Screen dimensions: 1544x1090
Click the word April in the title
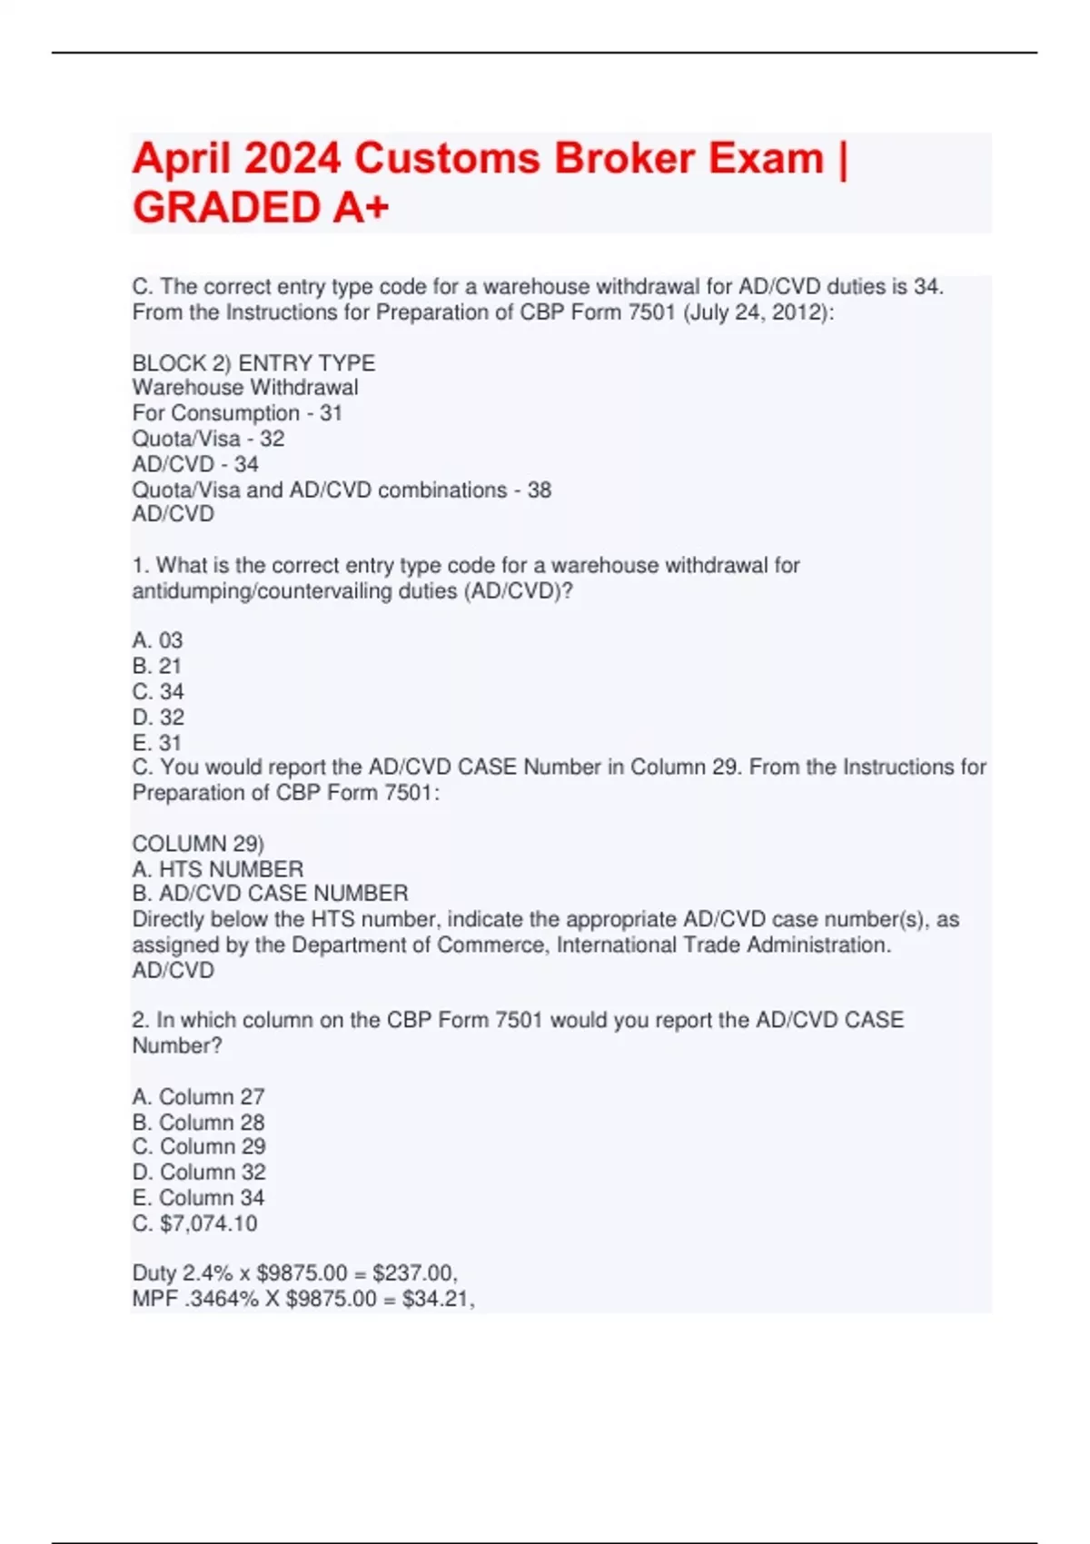click(183, 159)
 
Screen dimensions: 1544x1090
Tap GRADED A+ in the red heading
click(261, 208)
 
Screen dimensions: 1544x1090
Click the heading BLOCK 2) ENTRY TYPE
click(253, 363)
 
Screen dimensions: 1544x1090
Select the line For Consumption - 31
click(237, 413)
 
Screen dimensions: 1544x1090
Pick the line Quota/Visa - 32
click(208, 439)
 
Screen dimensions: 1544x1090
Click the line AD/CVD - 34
click(195, 464)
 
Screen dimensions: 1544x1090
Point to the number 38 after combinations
click(540, 490)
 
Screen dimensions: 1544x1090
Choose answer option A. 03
click(157, 640)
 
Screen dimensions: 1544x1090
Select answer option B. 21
click(157, 666)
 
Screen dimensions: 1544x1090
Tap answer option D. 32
click(158, 718)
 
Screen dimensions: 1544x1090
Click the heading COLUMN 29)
click(198, 844)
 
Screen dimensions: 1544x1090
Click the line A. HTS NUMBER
click(218, 869)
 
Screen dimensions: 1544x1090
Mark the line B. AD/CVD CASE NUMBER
click(270, 894)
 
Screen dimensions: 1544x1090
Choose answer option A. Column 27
click(198, 1097)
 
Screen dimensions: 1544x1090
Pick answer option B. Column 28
click(198, 1123)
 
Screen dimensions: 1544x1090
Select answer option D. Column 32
click(199, 1173)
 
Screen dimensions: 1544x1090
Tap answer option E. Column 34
click(198, 1198)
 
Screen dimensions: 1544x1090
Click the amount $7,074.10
click(208, 1223)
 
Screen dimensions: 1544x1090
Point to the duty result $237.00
click(413, 1273)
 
